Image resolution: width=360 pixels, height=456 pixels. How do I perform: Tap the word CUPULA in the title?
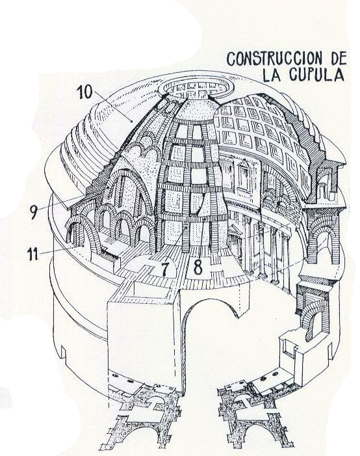tap(316, 75)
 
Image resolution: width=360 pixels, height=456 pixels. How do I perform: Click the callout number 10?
tap(84, 92)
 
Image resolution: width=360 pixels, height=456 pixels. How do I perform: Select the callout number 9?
tap(34, 213)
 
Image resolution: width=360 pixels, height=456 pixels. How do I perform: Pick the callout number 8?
tap(198, 267)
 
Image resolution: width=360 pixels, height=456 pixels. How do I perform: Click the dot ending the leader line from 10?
tap(132, 121)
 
